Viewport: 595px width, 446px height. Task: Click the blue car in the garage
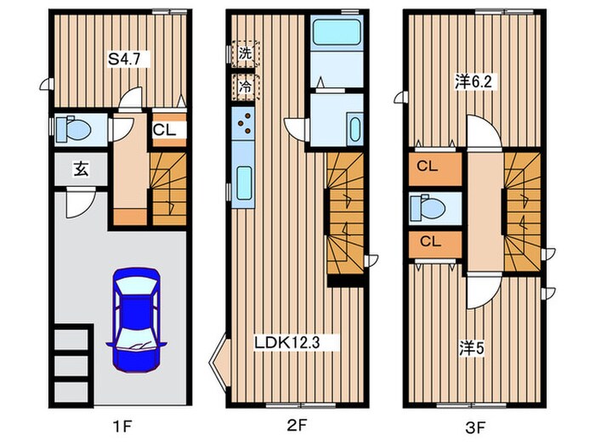(137, 320)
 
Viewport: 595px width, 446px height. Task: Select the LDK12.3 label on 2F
(287, 342)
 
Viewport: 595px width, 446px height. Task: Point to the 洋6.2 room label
(473, 82)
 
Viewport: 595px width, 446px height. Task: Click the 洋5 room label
(472, 349)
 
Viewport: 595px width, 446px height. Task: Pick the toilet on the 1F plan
(74, 129)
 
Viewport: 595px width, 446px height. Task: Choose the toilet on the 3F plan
(428, 207)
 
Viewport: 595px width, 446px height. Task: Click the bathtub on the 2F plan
(337, 32)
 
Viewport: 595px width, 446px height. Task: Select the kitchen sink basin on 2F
(245, 183)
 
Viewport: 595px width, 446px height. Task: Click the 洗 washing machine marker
(245, 54)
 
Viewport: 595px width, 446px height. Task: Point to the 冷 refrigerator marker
(245, 87)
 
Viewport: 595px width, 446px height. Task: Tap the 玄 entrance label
(81, 169)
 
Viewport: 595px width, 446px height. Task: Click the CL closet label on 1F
(164, 130)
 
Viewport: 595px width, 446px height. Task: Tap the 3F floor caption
(476, 428)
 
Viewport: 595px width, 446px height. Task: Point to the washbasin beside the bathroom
(355, 129)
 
